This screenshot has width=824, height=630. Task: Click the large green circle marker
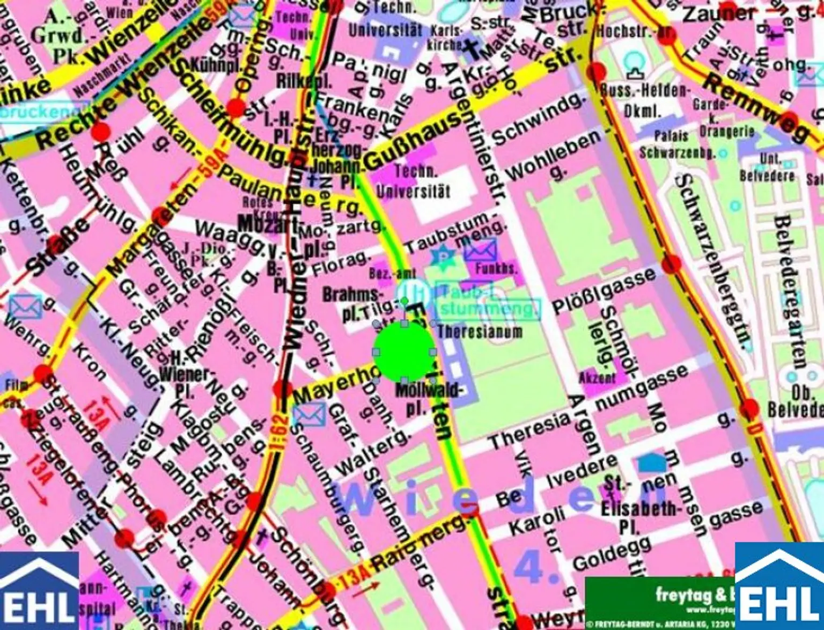404,351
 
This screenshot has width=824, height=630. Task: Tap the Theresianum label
480,332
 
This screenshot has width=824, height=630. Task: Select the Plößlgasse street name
604,291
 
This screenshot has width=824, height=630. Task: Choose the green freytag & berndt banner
660,602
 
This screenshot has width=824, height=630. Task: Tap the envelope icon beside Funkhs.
480,251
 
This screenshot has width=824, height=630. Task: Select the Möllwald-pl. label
428,398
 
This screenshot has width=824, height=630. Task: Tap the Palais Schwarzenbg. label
677,145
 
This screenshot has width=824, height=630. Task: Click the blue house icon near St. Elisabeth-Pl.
652,462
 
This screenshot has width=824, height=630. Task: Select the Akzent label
597,378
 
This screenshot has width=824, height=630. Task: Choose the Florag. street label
340,263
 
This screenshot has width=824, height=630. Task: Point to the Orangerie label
727,131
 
